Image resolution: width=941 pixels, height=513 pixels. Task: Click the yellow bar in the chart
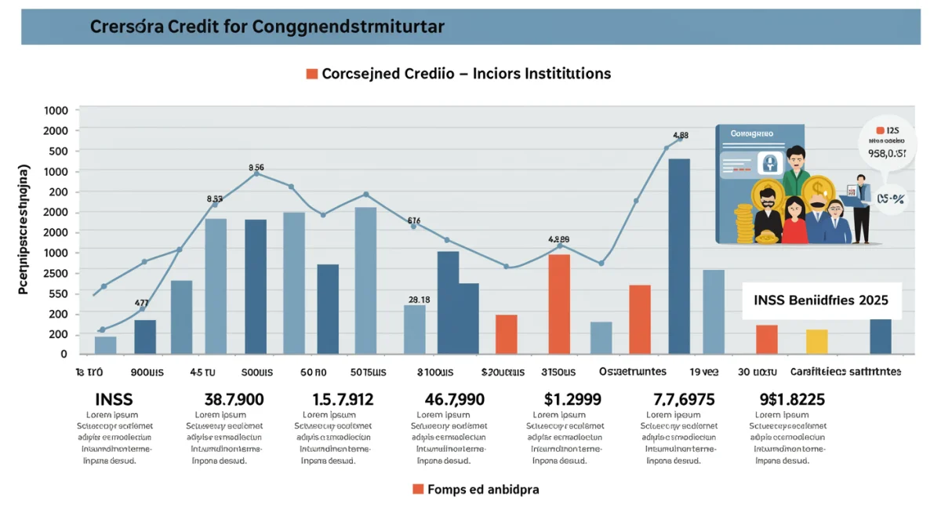[816, 341]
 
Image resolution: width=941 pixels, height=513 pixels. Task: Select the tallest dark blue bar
[679, 256]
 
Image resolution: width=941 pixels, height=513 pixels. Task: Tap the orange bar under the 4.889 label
[559, 304]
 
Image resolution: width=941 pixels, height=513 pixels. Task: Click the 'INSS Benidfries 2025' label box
[821, 300]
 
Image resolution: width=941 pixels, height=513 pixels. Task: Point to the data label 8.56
[256, 167]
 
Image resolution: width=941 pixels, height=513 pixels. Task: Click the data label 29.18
[419, 299]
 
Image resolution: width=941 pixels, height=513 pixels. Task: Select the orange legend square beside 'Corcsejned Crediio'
[311, 74]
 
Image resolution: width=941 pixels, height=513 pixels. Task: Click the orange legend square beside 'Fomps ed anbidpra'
[418, 489]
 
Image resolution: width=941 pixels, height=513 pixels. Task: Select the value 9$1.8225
[791, 399]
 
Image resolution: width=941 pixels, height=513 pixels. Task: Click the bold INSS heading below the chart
[115, 399]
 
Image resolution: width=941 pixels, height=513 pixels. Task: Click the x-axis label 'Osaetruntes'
[632, 371]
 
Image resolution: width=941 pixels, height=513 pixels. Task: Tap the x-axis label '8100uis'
[436, 371]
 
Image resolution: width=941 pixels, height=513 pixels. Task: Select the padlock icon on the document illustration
[770, 163]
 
